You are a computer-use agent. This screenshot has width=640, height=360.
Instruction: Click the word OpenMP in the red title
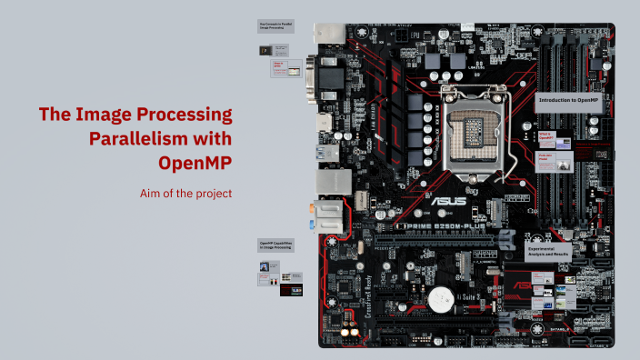click(x=194, y=164)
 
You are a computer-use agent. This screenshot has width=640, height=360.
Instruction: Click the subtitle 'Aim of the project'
click(x=186, y=193)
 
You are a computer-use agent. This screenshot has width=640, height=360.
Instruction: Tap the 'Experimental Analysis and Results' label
click(x=547, y=255)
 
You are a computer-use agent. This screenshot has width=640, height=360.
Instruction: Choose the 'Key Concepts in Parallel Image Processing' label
click(x=275, y=26)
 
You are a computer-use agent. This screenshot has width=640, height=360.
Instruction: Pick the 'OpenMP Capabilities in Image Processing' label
click(x=275, y=245)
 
